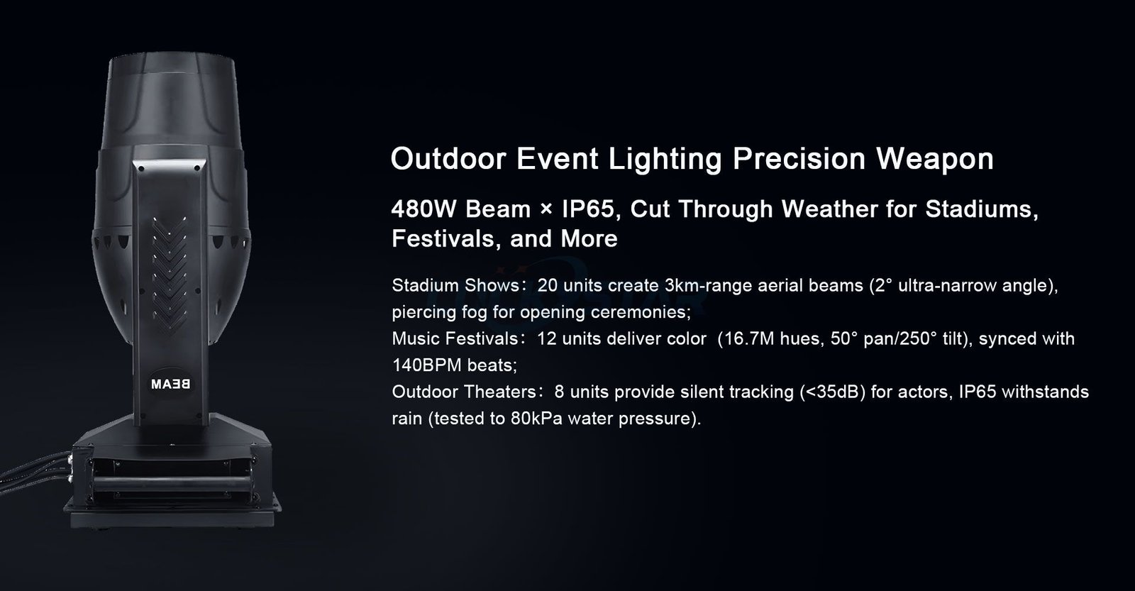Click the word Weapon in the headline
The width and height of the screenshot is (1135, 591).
click(935, 159)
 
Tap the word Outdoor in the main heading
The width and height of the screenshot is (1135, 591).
click(448, 159)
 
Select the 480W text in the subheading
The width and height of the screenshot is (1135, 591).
click(423, 209)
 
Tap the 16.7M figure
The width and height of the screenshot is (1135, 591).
click(746, 338)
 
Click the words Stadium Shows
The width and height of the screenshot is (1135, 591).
click(455, 286)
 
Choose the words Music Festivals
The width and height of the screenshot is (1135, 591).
click(455, 338)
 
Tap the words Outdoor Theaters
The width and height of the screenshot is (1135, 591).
click(464, 392)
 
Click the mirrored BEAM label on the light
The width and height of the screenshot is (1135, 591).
click(170, 385)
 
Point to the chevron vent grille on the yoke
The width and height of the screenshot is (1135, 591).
click(170, 271)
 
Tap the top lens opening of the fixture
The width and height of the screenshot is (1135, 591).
click(172, 57)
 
